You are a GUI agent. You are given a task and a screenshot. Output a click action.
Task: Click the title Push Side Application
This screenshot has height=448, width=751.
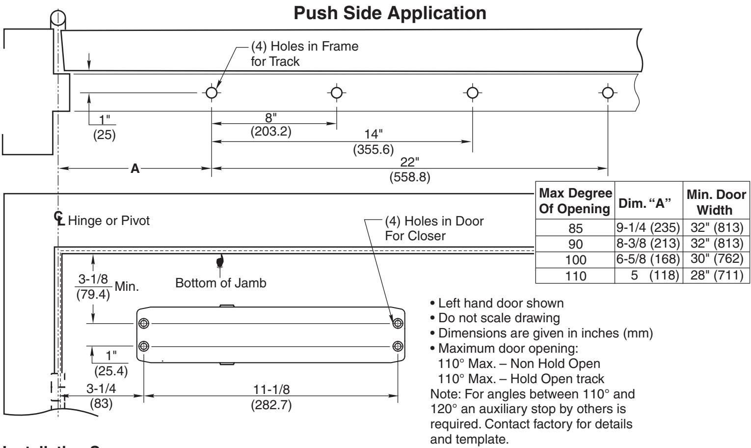(x=390, y=13)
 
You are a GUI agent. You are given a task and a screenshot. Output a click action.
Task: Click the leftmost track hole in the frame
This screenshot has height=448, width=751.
(x=211, y=92)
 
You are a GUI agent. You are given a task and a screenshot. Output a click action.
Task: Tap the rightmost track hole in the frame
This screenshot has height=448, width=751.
(x=608, y=92)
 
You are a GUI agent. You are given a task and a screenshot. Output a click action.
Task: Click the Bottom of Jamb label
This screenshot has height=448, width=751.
(x=221, y=283)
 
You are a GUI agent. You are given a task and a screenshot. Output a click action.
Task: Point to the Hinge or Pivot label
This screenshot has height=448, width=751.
(x=108, y=221)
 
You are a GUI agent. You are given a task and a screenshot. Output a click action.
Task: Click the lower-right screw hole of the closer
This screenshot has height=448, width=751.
(x=398, y=346)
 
